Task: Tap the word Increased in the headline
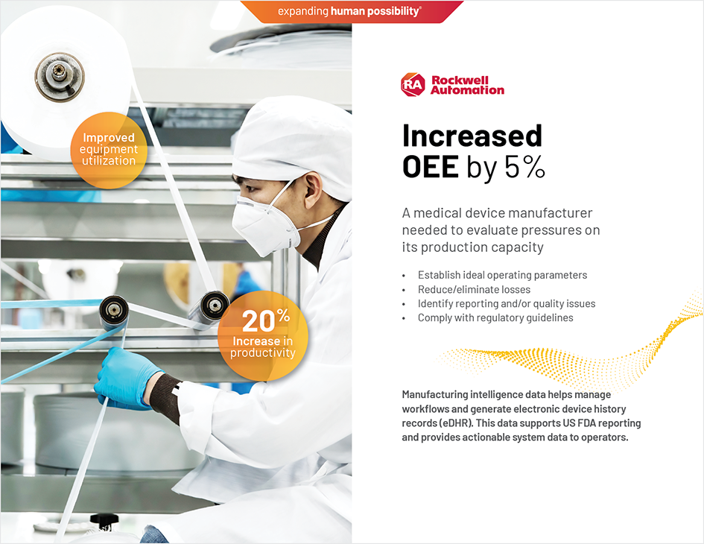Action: pyautogui.click(x=472, y=136)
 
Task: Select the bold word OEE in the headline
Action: pyautogui.click(x=430, y=168)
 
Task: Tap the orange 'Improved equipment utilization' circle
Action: pyautogui.click(x=109, y=149)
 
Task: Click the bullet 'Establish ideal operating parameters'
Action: pyautogui.click(x=502, y=275)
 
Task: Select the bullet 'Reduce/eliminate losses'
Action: pyautogui.click(x=474, y=289)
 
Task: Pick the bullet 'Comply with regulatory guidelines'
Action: pyautogui.click(x=495, y=317)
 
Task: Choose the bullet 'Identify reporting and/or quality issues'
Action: pyautogui.click(x=506, y=303)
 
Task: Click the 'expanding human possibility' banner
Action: pyautogui.click(x=349, y=11)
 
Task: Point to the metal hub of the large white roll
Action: pyautogui.click(x=60, y=78)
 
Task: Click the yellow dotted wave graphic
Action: pyautogui.click(x=581, y=356)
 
